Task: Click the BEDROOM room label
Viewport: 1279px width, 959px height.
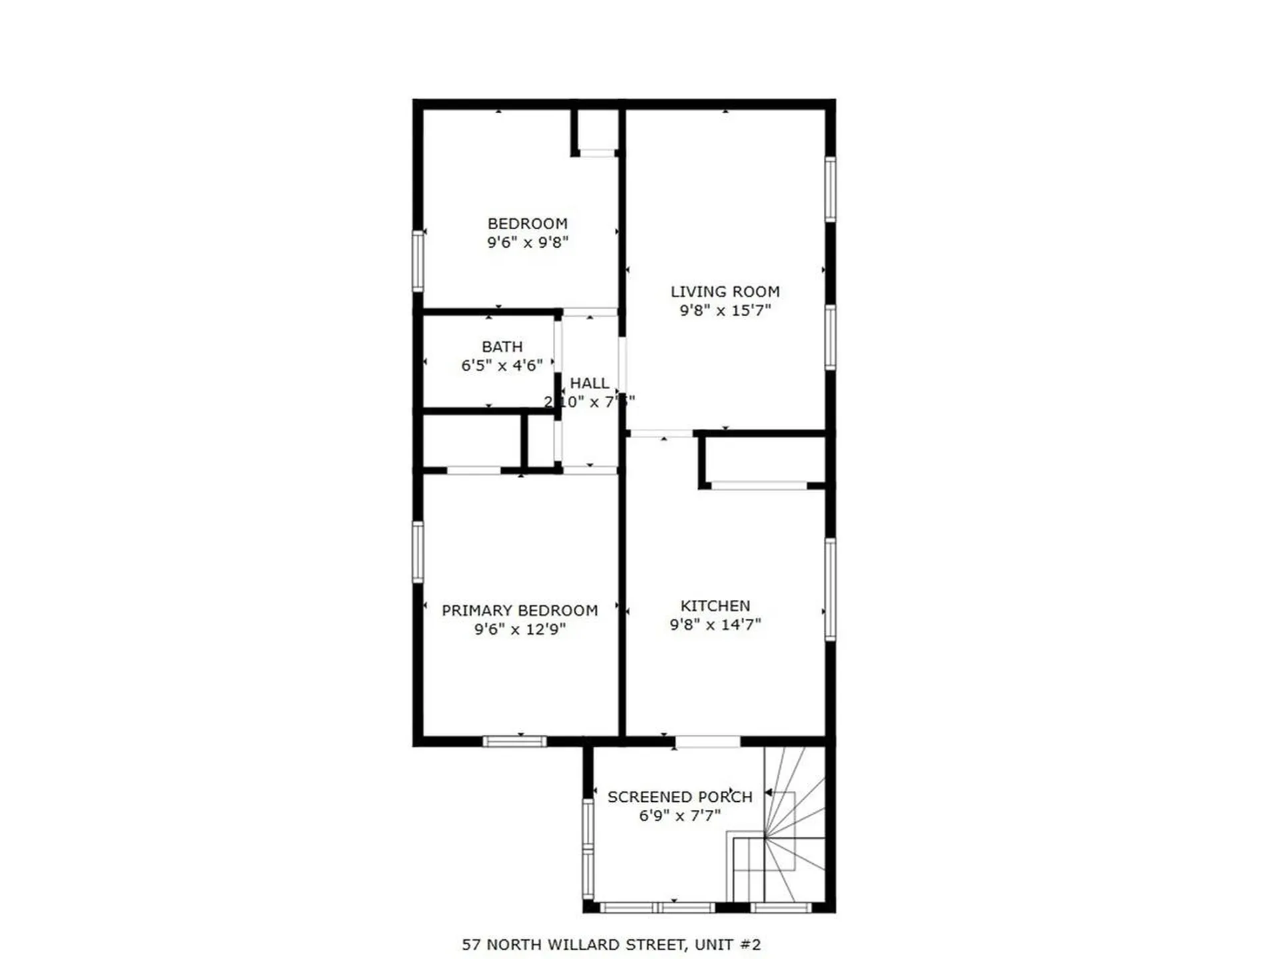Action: pos(527,224)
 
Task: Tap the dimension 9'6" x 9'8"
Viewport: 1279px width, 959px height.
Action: pos(527,242)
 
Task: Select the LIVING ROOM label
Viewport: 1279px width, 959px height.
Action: pos(725,292)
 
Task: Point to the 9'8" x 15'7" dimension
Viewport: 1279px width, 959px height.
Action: pos(725,310)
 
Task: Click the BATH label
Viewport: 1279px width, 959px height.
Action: pos(502,347)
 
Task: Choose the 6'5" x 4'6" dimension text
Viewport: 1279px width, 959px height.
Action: pos(502,366)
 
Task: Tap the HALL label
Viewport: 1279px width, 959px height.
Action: pos(590,384)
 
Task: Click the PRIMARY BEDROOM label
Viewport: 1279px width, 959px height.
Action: pos(520,611)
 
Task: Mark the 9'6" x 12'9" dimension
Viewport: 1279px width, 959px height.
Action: pos(520,629)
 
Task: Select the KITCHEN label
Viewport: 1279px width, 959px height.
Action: pos(715,606)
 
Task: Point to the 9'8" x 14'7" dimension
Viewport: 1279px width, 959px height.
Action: pos(715,625)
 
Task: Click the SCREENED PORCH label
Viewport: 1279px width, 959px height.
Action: pos(679,797)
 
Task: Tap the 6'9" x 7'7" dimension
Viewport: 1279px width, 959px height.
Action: pos(679,816)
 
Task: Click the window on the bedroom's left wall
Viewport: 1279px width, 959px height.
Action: pos(418,260)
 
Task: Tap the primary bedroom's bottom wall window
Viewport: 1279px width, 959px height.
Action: pos(514,741)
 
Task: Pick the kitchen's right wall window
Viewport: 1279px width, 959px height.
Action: pos(830,589)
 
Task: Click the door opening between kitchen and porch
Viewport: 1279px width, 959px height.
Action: pos(707,741)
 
